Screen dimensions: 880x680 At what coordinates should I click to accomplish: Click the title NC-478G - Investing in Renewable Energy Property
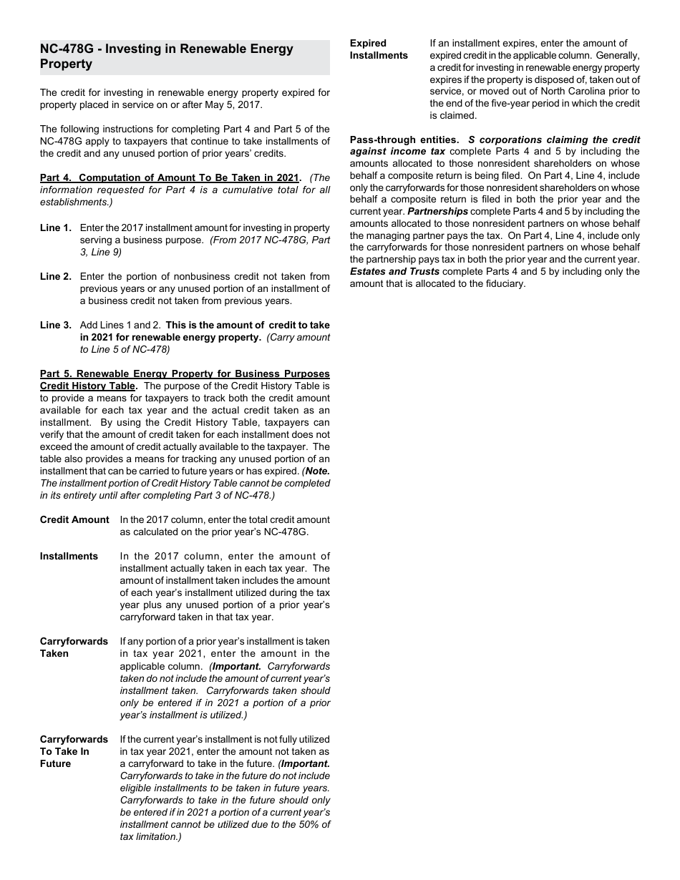(166, 57)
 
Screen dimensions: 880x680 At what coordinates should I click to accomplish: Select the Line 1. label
(55, 228)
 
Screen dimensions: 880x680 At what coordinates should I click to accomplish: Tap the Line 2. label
(55, 276)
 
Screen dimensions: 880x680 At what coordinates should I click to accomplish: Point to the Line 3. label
(55, 325)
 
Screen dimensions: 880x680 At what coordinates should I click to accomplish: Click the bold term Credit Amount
(74, 519)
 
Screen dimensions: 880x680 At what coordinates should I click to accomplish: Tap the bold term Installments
(69, 556)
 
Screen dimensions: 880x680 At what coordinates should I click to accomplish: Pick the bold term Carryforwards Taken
(74, 647)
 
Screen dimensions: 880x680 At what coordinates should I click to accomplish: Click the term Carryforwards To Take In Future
(74, 751)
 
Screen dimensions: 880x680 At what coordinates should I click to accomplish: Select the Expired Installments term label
(379, 49)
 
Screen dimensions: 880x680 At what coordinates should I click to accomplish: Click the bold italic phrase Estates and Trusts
(394, 272)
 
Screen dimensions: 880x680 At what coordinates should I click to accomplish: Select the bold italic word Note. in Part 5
(317, 471)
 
